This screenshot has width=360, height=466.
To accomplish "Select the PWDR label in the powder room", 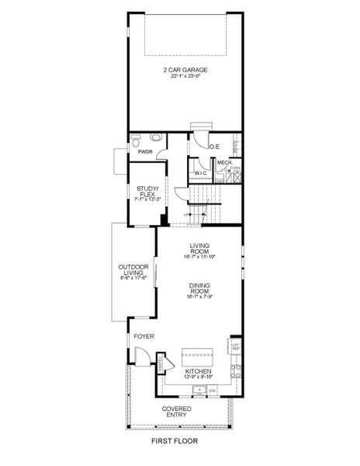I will (144, 152).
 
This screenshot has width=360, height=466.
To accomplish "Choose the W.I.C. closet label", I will (199, 172).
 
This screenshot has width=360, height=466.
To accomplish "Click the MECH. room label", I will (223, 162).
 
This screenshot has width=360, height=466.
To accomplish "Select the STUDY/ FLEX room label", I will (147, 191).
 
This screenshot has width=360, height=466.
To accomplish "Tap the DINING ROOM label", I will (199, 288).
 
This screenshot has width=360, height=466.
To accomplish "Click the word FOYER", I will (144, 336).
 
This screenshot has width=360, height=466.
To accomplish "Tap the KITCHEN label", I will (199, 372).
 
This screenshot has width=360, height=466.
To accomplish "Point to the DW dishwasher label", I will (211, 389).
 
